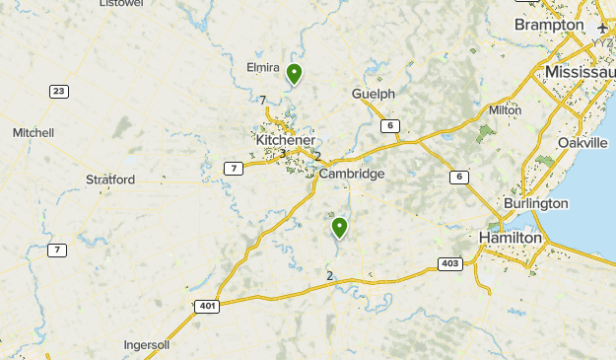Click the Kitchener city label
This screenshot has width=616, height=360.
285,141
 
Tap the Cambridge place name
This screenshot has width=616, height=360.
351,174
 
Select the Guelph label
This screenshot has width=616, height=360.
373,94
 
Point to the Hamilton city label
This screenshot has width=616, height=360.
510,239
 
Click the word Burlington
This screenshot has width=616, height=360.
536,203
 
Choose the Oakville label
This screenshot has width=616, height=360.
582,143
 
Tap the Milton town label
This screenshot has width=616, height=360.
505,110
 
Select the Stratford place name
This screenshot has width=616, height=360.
110,180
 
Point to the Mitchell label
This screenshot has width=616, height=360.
34,132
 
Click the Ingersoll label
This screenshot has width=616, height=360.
147,345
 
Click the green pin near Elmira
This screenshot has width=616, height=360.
294,73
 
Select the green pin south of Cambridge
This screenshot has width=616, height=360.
339,228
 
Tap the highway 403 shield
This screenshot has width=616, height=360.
449,263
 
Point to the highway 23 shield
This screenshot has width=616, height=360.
59,91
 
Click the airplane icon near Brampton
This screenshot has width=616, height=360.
603,28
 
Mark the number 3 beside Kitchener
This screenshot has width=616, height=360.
282,153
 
